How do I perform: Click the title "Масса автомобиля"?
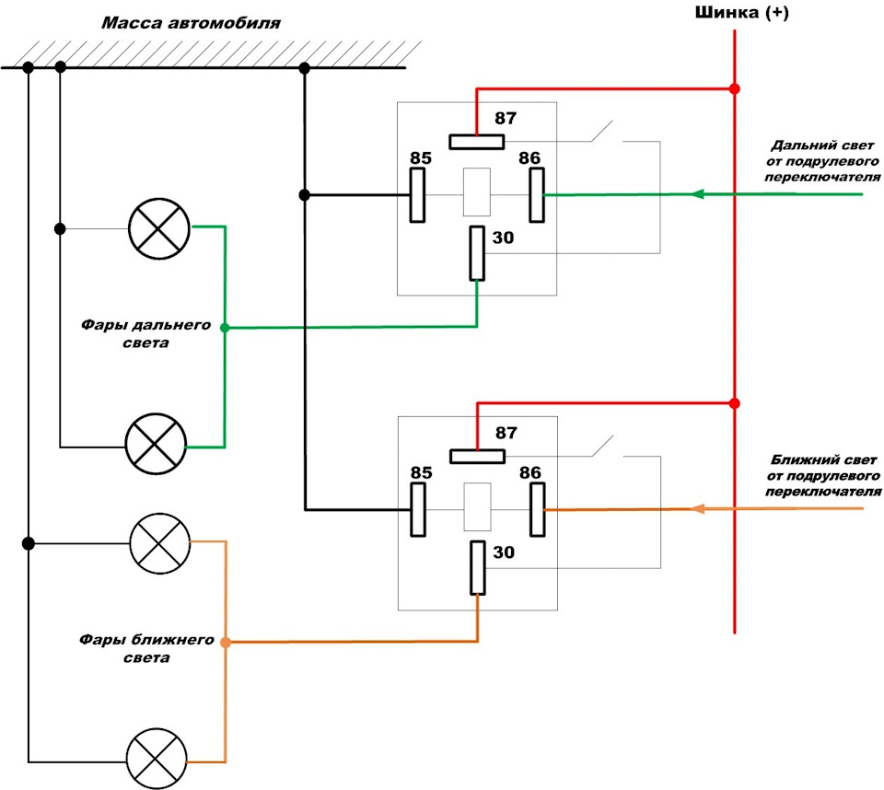(x=192, y=24)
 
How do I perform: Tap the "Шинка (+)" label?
(x=742, y=12)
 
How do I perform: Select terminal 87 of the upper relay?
(x=476, y=142)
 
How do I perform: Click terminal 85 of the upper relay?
(x=417, y=195)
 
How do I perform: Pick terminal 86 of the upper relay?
(x=537, y=195)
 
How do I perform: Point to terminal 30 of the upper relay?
(x=477, y=253)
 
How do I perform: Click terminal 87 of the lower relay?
(x=477, y=456)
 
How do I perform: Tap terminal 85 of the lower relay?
(x=418, y=510)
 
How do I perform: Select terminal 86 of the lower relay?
(x=537, y=510)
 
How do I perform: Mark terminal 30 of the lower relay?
(x=478, y=568)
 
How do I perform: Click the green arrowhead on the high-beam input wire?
(x=698, y=194)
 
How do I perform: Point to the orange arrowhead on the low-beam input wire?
(x=698, y=508)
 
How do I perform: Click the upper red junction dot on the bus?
(x=734, y=89)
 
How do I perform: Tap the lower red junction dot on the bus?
(x=734, y=403)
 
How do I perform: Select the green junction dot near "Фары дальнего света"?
(x=225, y=328)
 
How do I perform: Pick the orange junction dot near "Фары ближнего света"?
(x=226, y=643)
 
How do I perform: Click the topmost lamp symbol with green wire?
(x=159, y=229)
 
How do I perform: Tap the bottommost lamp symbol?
(x=157, y=759)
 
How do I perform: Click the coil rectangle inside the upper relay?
(x=476, y=192)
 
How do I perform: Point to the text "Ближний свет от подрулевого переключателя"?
(x=823, y=476)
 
